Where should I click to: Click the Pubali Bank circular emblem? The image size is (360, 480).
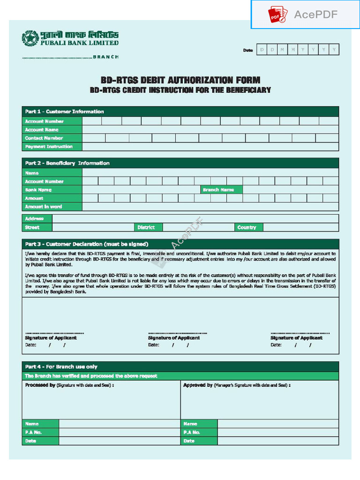pos(30,38)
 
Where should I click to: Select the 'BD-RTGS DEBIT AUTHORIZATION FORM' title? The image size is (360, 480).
pos(180,80)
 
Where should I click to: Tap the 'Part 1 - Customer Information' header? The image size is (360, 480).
pos(65,112)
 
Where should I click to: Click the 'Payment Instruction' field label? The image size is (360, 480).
pos(49,147)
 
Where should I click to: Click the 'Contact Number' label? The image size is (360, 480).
pos(44,138)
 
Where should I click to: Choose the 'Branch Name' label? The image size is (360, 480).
pos(218,190)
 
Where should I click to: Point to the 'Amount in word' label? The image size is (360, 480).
pos(43,207)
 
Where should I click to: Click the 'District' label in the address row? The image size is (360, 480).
pos(146,227)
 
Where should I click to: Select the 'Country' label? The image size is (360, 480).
pos(247,227)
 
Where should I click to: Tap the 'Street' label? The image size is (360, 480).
pos(32,227)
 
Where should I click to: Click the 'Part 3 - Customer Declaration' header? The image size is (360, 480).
pos(87,244)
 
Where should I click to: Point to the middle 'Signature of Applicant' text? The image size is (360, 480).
pos(174,338)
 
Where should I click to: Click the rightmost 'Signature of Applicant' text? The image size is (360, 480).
pos(296,338)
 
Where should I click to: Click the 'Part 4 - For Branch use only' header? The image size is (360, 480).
pos(61,367)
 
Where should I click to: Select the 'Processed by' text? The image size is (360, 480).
pos(40,385)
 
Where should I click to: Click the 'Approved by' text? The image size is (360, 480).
pos(198,385)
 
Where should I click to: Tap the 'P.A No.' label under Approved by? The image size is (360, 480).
pos(192,432)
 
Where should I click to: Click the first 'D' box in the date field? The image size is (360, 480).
pos(262,50)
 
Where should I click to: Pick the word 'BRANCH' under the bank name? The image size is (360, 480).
pos(105,57)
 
